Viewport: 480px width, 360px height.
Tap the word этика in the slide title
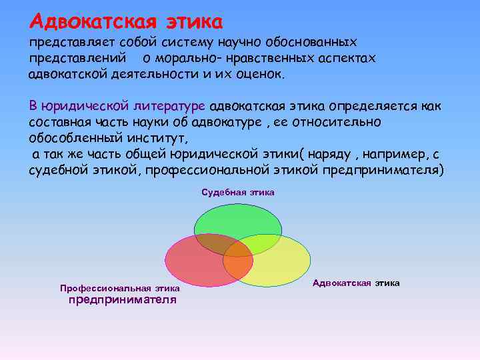pos(191,21)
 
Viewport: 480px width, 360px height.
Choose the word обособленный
pos(72,139)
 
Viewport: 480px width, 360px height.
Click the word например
pos(389,155)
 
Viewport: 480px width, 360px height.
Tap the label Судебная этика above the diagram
pos(238,192)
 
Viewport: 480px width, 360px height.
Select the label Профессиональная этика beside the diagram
pos(120,289)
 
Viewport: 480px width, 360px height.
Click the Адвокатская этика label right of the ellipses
pos(356,283)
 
